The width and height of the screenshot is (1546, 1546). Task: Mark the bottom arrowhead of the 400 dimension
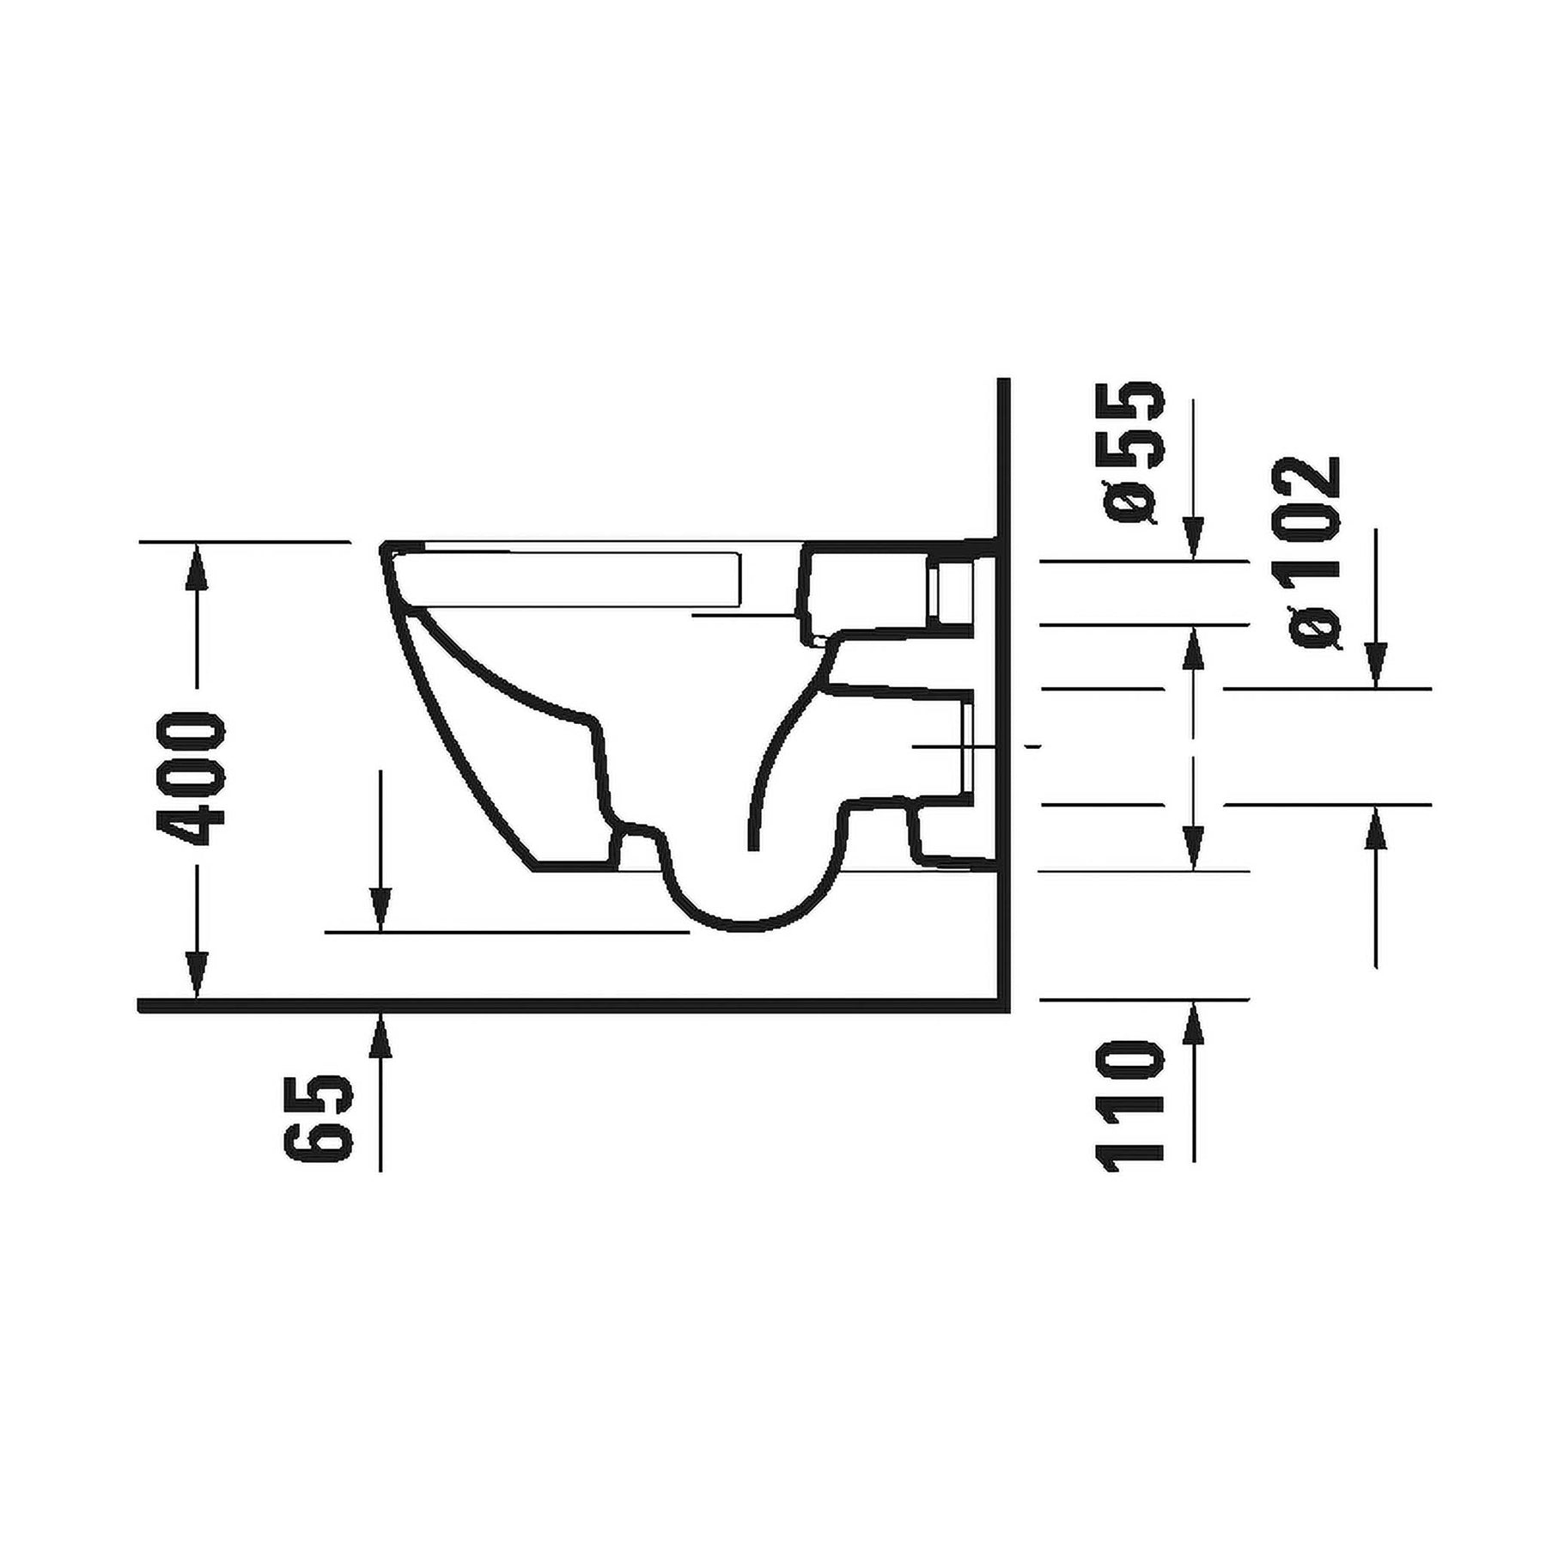[x=198, y=975]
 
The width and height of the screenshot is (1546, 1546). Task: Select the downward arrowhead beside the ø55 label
[x=1194, y=538]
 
